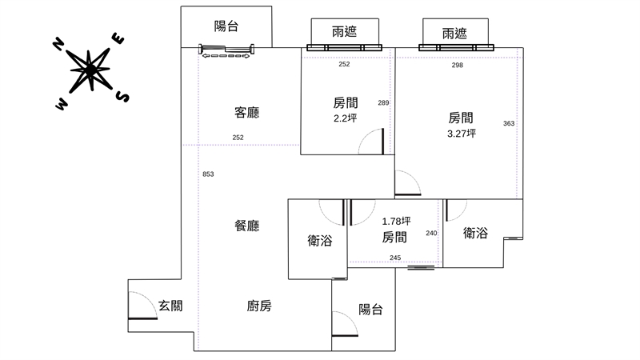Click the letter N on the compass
pyautogui.click(x=58, y=44)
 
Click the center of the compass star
pyautogui.click(x=90, y=70)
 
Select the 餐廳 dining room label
pyautogui.click(x=246, y=226)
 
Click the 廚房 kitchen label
pyautogui.click(x=259, y=305)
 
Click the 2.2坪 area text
pyautogui.click(x=345, y=118)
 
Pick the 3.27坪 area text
pyautogui.click(x=462, y=134)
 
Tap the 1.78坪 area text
pyautogui.click(x=396, y=222)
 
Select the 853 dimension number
pyautogui.click(x=208, y=174)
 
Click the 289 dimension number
pyautogui.click(x=383, y=102)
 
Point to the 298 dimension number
pyautogui.click(x=457, y=66)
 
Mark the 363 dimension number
pyautogui.click(x=509, y=123)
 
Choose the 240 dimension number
pyautogui.click(x=431, y=234)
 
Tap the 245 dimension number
pyautogui.click(x=395, y=258)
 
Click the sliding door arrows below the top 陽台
pyautogui.click(x=225, y=54)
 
